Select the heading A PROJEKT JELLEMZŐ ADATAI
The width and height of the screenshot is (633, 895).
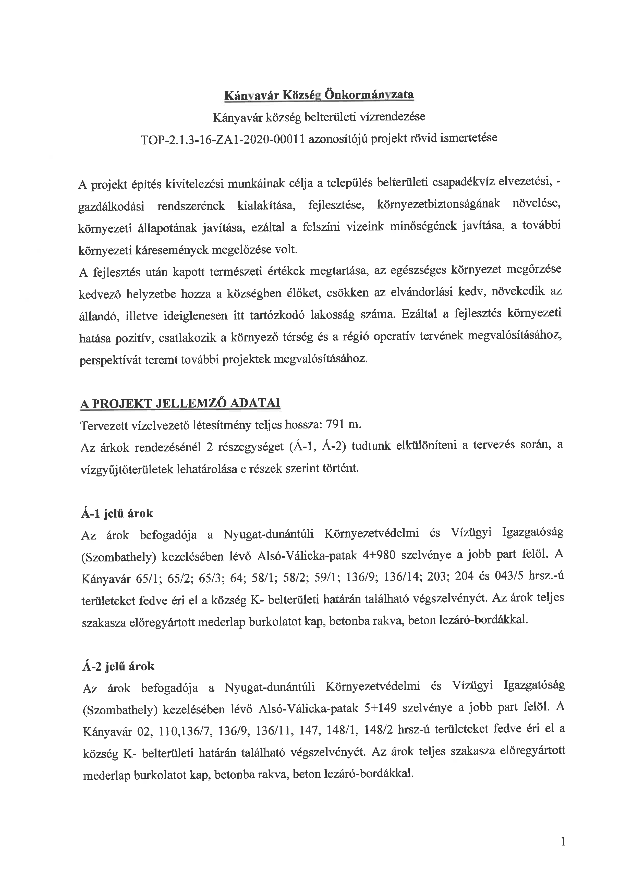180,403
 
